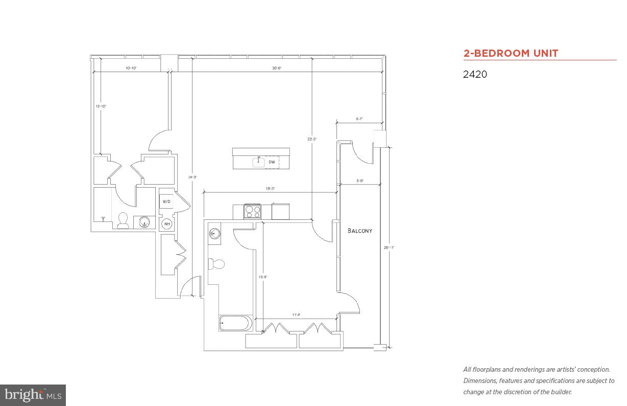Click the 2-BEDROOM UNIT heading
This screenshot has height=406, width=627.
point(511,53)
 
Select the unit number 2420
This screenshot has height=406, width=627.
point(475,74)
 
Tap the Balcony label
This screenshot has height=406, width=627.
point(360,231)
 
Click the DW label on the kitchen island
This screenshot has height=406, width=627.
point(272,162)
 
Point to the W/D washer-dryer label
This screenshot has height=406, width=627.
point(166,201)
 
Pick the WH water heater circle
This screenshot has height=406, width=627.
point(166,223)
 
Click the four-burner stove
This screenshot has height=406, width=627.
point(252,211)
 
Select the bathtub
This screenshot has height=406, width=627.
point(235,323)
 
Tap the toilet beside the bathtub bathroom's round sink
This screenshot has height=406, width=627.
point(216,264)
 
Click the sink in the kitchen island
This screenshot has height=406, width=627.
point(259,162)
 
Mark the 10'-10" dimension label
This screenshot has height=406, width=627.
point(131,68)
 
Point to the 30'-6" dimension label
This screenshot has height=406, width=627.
point(277,68)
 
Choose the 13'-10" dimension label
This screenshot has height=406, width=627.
point(101,106)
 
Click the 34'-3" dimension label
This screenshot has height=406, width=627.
point(192,177)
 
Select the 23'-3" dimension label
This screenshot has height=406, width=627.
point(312,139)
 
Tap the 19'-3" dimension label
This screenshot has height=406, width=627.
point(270,189)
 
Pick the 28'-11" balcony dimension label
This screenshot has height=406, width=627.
point(389,247)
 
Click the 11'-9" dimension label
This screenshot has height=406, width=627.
point(296,315)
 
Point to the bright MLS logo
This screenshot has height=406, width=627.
point(33,395)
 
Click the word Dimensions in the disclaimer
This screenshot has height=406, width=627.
point(480,380)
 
